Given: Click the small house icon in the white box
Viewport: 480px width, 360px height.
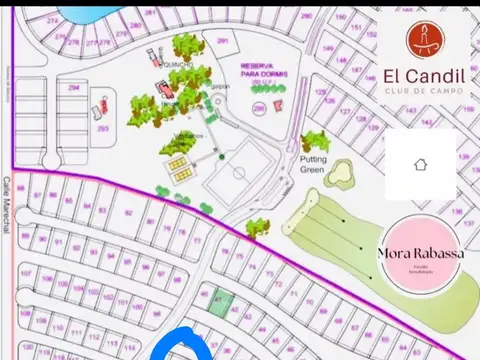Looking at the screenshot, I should coord(420,164).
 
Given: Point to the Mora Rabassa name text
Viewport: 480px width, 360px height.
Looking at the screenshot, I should coord(419,253).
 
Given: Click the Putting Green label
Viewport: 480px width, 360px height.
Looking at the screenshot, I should coord(314,165).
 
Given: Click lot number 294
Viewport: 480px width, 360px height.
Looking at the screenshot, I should coord(74,88).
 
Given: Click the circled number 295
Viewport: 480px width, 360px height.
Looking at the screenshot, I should coord(259,108).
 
